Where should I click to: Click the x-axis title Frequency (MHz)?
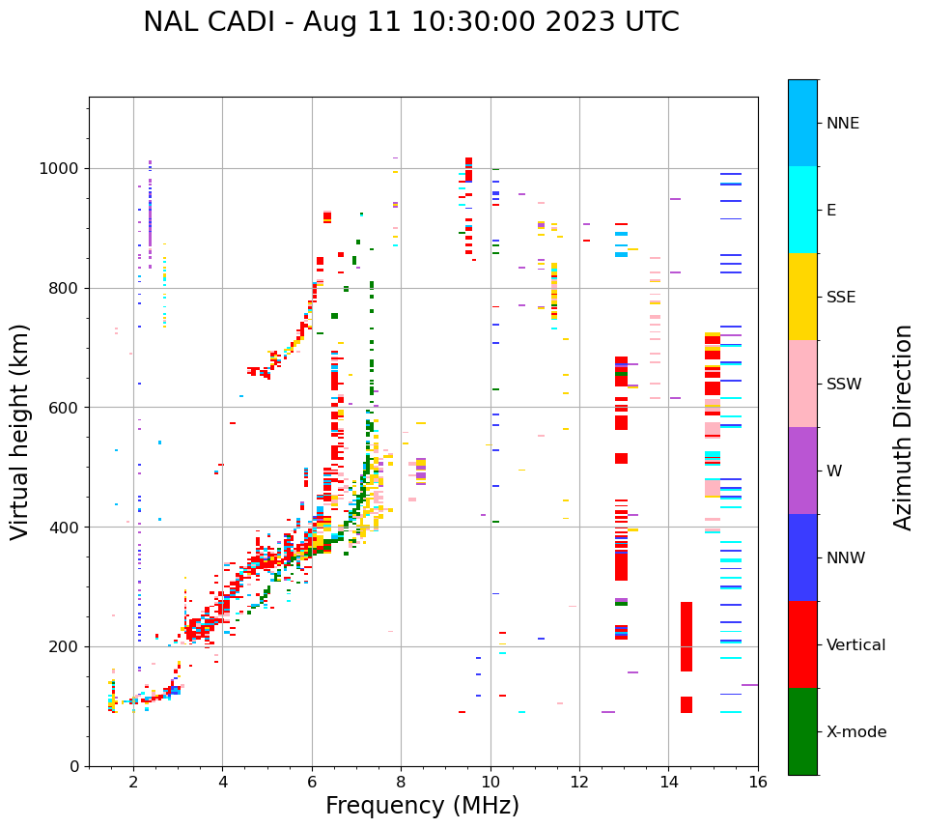click(x=422, y=806)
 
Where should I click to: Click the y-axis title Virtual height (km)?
click(x=20, y=431)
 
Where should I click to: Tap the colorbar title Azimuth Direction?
click(x=903, y=426)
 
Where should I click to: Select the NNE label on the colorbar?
click(x=842, y=124)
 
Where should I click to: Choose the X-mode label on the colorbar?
click(x=855, y=732)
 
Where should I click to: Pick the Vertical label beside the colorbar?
click(x=855, y=645)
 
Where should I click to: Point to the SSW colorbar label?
click(x=844, y=385)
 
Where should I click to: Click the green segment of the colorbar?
click(x=802, y=731)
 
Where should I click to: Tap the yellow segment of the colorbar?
click(x=802, y=297)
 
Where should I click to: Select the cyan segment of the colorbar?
click(x=802, y=210)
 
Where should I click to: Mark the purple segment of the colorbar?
click(x=802, y=471)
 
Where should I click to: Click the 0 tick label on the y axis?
click(x=73, y=766)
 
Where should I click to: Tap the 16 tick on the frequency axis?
click(x=758, y=782)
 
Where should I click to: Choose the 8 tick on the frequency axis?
click(x=401, y=782)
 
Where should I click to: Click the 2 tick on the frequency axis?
click(x=133, y=782)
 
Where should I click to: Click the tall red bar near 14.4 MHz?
click(x=686, y=637)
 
